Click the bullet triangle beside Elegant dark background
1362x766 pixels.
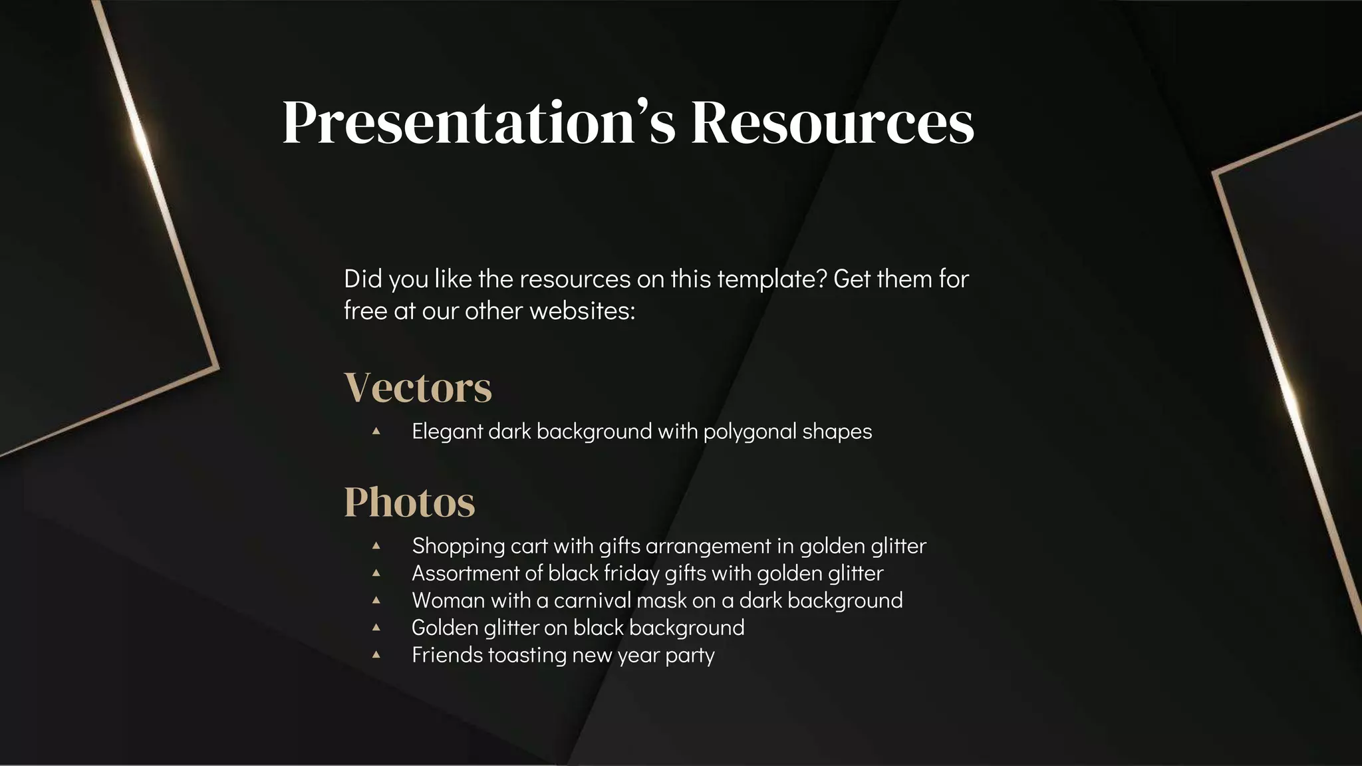coord(376,431)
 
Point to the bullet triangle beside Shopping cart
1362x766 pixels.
coord(376,545)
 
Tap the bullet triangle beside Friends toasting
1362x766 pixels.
coord(376,654)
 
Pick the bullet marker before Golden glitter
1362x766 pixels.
coord(376,627)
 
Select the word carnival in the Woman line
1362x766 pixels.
coord(592,600)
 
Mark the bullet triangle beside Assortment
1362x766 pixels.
coord(376,573)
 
